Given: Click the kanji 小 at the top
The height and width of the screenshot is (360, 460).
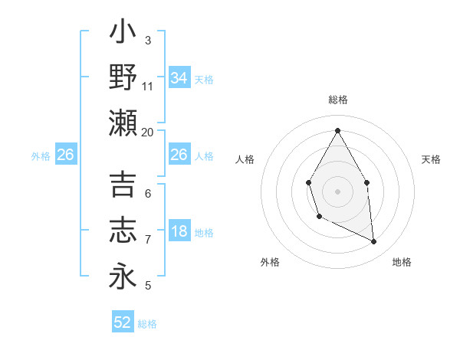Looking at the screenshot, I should coord(123,34).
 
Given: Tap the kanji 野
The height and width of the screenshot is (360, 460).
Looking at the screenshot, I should coord(123,78).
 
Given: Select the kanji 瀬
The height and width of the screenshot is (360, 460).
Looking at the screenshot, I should coord(123,123).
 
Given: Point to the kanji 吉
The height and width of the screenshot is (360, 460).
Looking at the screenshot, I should coord(123,186).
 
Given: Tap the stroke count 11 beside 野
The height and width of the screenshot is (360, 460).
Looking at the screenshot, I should coord(148,87).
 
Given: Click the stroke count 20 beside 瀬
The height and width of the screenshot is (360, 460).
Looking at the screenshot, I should coord(148,132).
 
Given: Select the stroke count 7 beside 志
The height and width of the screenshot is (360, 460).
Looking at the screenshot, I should coord(148,240).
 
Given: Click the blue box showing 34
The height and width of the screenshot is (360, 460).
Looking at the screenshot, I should coord(179,78).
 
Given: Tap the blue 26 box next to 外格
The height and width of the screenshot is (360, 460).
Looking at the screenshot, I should coord(66,155).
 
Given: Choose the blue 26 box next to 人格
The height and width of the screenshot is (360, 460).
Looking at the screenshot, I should coord(179,155).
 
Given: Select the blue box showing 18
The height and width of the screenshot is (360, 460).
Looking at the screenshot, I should coord(179,232).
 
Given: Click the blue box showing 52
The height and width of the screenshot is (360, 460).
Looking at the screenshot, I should coord(123,322).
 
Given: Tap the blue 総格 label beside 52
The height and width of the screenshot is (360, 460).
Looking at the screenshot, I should coord(147,324).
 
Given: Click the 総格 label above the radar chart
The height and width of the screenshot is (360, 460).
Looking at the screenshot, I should coord(337,100).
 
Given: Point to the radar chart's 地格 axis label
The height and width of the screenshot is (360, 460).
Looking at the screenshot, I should coord(402,263).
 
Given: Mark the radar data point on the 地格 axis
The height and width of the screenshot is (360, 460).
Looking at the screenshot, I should coord(374,242).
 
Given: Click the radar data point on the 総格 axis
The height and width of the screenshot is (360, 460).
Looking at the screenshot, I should coord(337,129).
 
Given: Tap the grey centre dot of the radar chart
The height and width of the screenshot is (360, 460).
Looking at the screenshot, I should coord(337,191).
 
